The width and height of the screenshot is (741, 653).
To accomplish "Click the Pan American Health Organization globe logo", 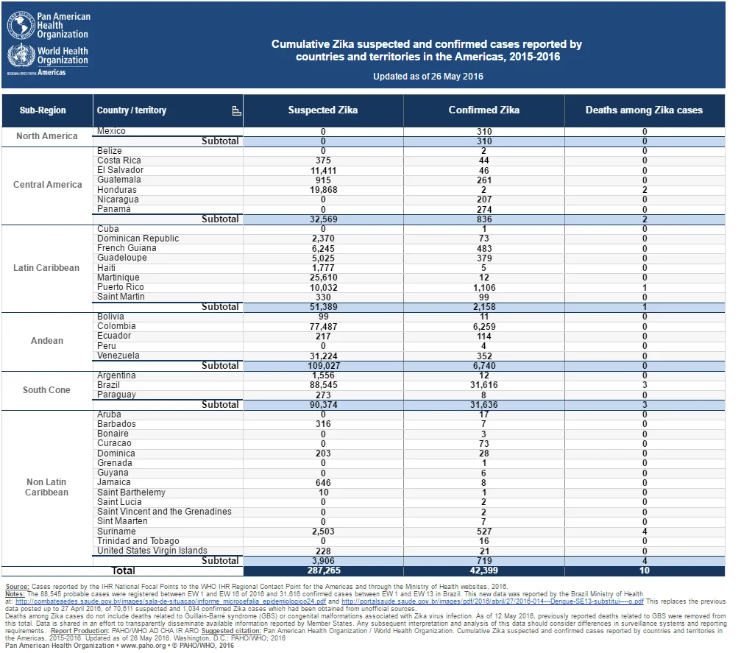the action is [21, 26].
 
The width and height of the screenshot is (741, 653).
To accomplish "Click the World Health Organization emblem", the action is [21, 55].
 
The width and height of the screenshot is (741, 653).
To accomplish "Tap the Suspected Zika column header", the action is [323, 110].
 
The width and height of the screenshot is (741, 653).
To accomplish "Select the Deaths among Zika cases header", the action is [644, 110].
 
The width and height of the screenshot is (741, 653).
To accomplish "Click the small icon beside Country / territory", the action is [236, 110].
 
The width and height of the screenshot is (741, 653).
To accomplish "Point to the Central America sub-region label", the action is [47, 184].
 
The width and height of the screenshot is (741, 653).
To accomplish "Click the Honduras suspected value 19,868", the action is [323, 190].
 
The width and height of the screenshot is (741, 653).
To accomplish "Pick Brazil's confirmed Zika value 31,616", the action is [484, 385].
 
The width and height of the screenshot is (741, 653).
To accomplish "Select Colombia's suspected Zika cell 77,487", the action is [323, 327].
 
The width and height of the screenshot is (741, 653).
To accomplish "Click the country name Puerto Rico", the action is [121, 287].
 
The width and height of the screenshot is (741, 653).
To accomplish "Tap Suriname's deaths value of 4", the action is [645, 532].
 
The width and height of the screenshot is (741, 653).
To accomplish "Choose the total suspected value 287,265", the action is [324, 571].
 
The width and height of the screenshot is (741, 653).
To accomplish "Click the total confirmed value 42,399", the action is [484, 571].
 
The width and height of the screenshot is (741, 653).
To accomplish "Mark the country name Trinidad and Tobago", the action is [138, 541].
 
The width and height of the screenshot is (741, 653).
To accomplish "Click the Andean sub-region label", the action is [47, 340].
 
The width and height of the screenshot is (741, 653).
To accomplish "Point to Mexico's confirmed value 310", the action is [484, 132].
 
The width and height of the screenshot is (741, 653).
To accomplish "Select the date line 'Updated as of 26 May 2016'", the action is [428, 76].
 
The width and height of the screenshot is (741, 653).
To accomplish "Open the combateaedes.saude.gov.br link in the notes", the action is [171, 601].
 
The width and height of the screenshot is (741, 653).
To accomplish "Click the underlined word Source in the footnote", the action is [17, 586].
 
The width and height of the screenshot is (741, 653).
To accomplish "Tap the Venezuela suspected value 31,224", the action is [323, 356].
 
